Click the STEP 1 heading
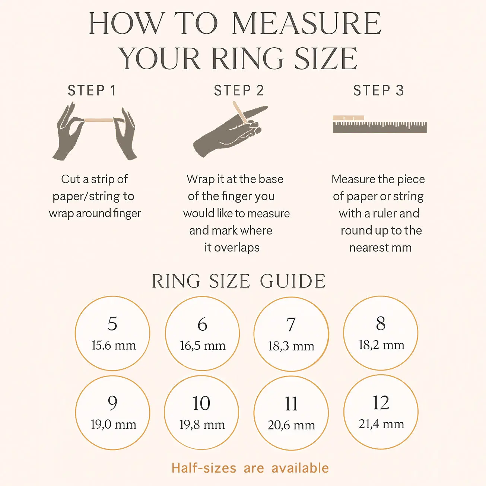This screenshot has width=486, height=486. (92, 90)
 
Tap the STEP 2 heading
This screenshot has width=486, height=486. (239, 90)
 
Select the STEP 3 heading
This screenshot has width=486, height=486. (379, 90)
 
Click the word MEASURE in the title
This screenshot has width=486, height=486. (306, 23)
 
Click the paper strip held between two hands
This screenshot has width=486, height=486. (99, 120)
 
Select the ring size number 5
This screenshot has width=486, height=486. (112, 324)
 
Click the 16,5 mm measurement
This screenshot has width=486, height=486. (203, 346)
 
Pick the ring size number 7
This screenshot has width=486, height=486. (291, 324)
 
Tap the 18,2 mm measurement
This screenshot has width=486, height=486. (381, 345)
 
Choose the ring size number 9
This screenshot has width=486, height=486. (112, 403)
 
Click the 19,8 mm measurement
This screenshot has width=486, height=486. (202, 425)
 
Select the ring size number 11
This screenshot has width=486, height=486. (291, 404)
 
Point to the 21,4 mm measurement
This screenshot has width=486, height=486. (381, 424)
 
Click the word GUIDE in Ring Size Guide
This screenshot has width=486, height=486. (293, 281)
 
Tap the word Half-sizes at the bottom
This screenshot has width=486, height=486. (204, 468)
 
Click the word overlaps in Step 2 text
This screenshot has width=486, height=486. (237, 248)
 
